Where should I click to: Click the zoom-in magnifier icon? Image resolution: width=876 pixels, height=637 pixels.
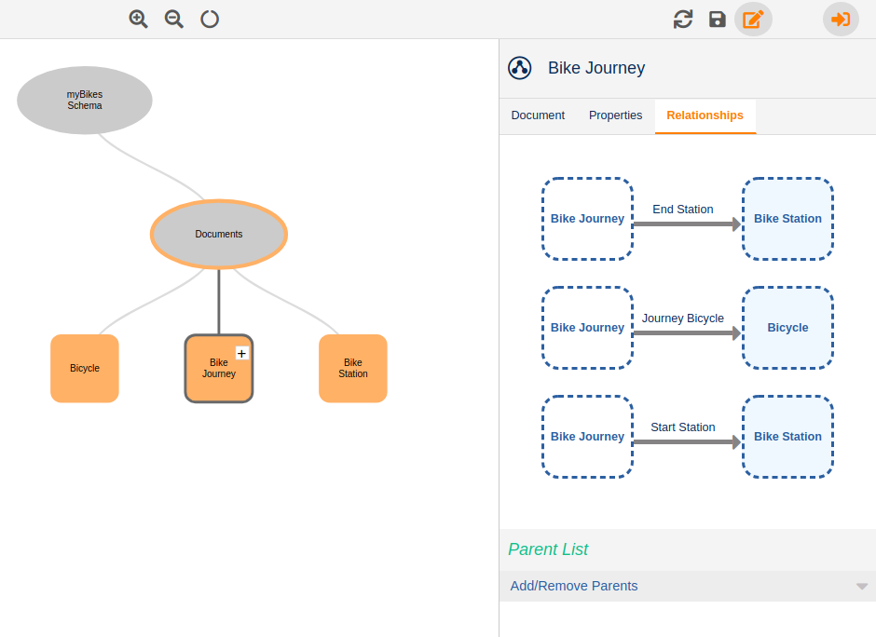138,19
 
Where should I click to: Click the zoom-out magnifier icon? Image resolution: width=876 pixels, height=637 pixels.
173,19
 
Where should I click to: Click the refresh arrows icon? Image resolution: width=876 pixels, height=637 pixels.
683,19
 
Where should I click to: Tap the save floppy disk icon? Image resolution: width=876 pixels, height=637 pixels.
718,19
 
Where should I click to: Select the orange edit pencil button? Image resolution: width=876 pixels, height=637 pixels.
753,19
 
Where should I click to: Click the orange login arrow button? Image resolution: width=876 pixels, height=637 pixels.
841,19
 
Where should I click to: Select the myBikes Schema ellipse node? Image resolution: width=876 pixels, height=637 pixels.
85,100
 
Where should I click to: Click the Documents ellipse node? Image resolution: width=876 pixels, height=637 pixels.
219,234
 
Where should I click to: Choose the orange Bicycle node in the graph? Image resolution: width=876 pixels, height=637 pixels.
85,368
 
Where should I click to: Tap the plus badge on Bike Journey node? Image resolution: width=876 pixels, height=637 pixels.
242,353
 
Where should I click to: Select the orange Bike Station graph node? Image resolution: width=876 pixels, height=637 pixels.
353,368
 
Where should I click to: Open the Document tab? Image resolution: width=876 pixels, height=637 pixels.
538,115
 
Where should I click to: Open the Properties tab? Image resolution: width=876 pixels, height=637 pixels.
615,115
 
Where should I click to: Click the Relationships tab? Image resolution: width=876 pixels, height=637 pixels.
705,115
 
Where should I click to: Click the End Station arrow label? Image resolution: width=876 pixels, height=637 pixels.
683,210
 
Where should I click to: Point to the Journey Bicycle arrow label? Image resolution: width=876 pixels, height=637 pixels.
683,318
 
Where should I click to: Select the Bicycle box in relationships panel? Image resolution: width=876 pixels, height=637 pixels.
787,328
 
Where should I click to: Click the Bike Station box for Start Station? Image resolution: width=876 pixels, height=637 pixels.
787,437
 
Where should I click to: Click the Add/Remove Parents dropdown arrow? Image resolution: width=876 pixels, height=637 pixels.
862,587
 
